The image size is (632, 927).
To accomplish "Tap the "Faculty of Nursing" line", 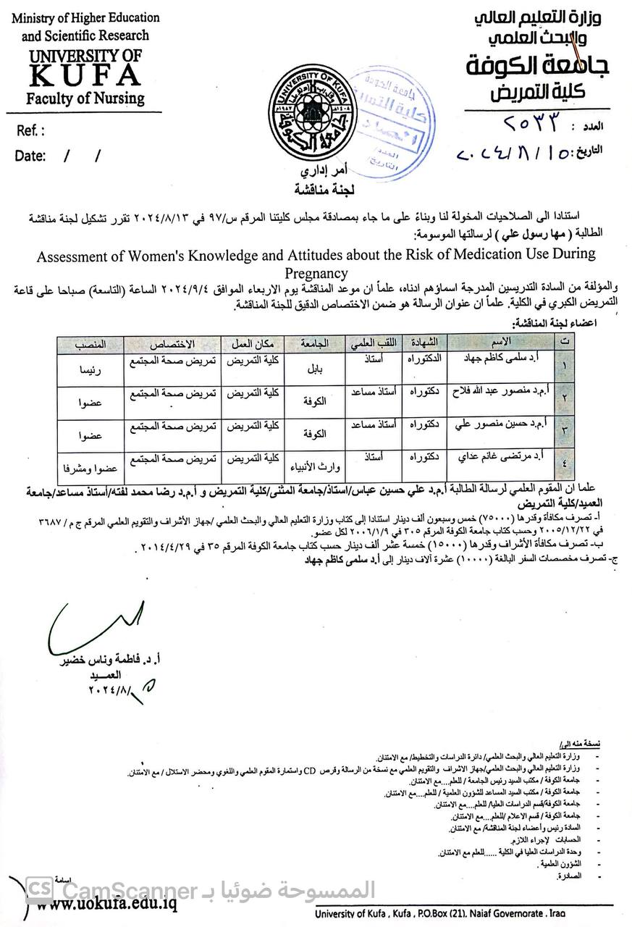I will [x=85, y=98].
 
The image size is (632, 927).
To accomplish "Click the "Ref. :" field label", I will [x=30, y=131].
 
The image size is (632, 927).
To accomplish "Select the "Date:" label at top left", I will [x=30, y=156].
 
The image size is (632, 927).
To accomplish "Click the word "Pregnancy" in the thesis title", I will [x=316, y=273].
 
